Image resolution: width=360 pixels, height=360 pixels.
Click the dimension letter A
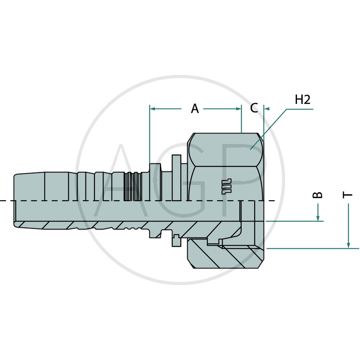[195, 108]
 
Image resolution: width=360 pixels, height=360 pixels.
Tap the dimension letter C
[254, 108]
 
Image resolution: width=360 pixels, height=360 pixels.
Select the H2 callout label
[302, 99]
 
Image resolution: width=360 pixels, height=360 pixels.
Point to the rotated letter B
[318, 195]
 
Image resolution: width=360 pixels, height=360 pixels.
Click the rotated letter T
[347, 195]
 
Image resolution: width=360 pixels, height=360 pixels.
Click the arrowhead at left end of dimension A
[153, 108]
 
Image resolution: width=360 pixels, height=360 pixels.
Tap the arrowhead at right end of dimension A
[238, 108]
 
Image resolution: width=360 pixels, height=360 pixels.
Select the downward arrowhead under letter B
[318, 218]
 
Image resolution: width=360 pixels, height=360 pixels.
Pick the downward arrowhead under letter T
[348, 245]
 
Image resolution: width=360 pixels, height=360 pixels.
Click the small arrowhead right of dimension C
[267, 108]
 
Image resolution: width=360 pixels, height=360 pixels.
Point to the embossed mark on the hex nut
[227, 186]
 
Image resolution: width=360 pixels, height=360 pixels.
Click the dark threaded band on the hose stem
[131, 186]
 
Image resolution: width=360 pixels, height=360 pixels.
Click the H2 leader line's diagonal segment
[269, 129]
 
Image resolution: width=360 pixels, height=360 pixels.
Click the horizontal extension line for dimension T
[313, 248]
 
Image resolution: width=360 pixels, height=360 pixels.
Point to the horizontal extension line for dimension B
[295, 221]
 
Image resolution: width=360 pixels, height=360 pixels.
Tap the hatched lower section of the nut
[225, 255]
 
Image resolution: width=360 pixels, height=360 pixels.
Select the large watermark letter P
[246, 180]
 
